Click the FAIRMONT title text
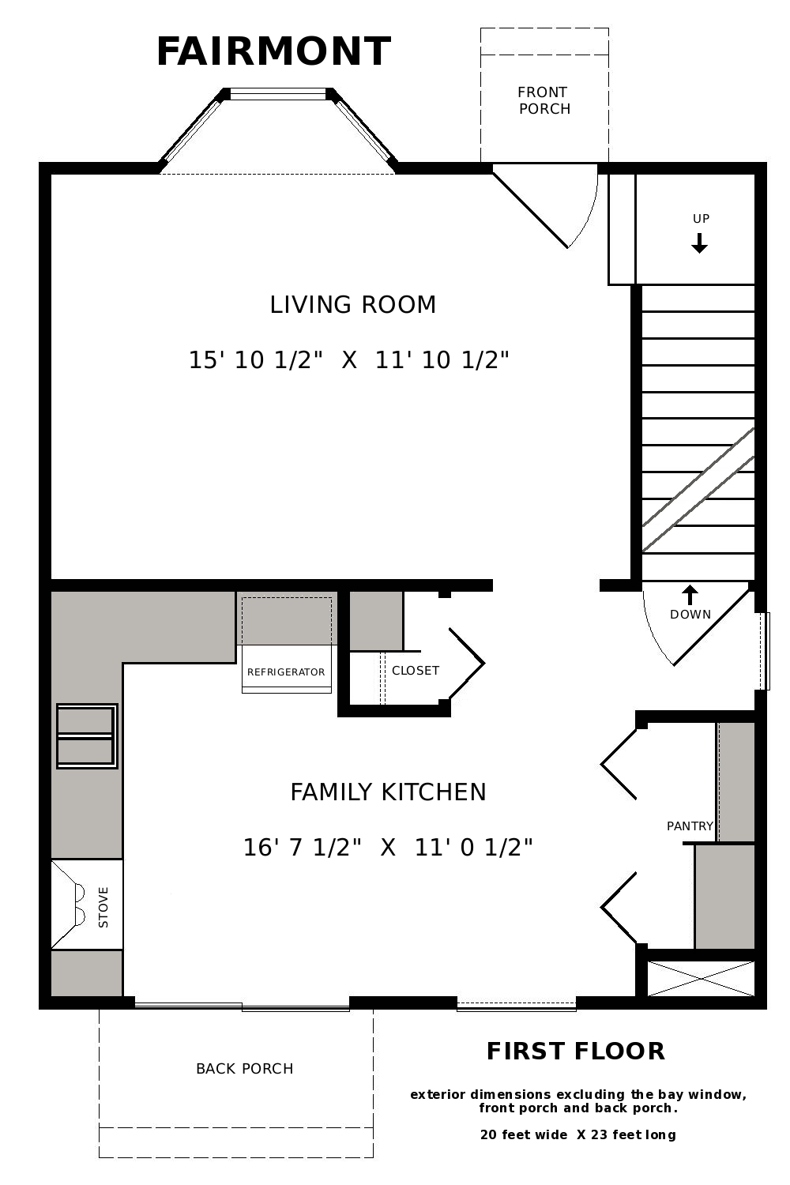click(x=273, y=52)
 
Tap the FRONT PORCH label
click(x=544, y=100)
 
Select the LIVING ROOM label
click(x=353, y=305)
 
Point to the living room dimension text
click(x=348, y=359)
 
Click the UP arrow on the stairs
click(x=699, y=243)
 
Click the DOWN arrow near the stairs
click(x=690, y=595)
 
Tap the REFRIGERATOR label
click(x=286, y=671)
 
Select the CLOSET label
click(x=416, y=670)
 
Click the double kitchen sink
click(x=87, y=735)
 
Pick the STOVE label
click(x=103, y=907)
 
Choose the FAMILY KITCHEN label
click(x=388, y=792)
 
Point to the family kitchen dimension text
click(x=387, y=847)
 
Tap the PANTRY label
click(x=690, y=826)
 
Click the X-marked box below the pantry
click(x=701, y=979)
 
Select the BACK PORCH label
click(x=244, y=1068)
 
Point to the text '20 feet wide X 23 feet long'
click(x=577, y=1134)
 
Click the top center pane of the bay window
click(x=279, y=94)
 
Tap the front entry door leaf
click(x=530, y=206)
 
